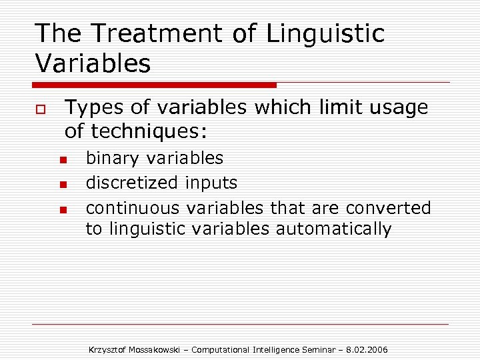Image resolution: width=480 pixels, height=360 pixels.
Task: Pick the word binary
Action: pyautogui.click(x=113, y=158)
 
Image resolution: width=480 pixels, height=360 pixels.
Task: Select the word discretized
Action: pyautogui.click(x=133, y=182)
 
